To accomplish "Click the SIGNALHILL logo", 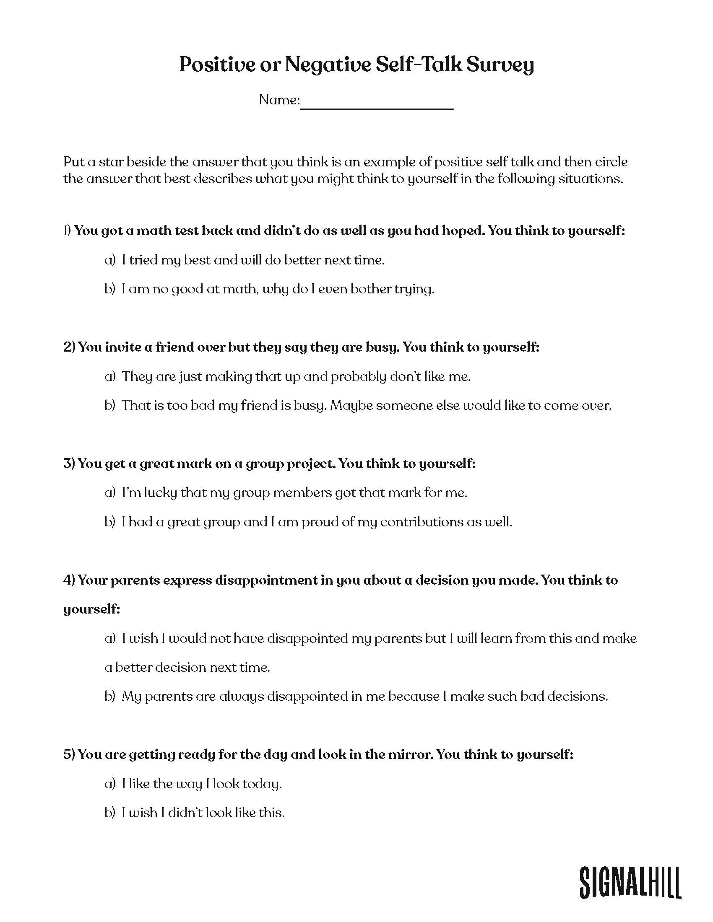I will click(x=630, y=870).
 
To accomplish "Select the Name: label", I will click(x=279, y=100).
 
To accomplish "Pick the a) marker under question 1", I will click(x=110, y=260).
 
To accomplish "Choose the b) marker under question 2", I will click(x=110, y=406).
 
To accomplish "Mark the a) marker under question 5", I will click(x=110, y=784).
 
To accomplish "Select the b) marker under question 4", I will click(x=110, y=696).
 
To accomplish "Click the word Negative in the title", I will click(x=328, y=65).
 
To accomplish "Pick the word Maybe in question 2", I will click(x=351, y=406).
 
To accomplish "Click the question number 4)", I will click(x=69, y=580).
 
